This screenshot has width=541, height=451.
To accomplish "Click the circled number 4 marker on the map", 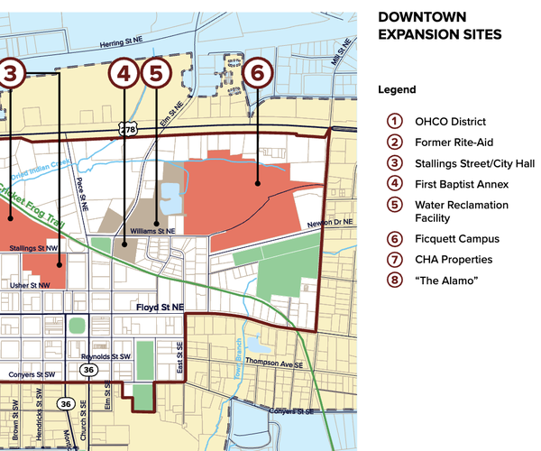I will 124,73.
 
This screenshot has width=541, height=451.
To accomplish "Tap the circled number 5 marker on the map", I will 156,73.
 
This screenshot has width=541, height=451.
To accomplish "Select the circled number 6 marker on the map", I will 258,73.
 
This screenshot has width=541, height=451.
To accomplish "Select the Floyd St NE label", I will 160,308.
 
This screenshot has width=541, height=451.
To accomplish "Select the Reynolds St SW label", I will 108,356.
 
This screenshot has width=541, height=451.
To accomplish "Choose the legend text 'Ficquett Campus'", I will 456,239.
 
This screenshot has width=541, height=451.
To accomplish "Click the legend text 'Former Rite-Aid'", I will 454,143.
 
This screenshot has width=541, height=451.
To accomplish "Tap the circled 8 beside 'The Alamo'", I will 393,281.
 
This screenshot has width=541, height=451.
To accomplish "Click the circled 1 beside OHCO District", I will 393,122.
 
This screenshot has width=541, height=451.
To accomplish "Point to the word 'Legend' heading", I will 397,90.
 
